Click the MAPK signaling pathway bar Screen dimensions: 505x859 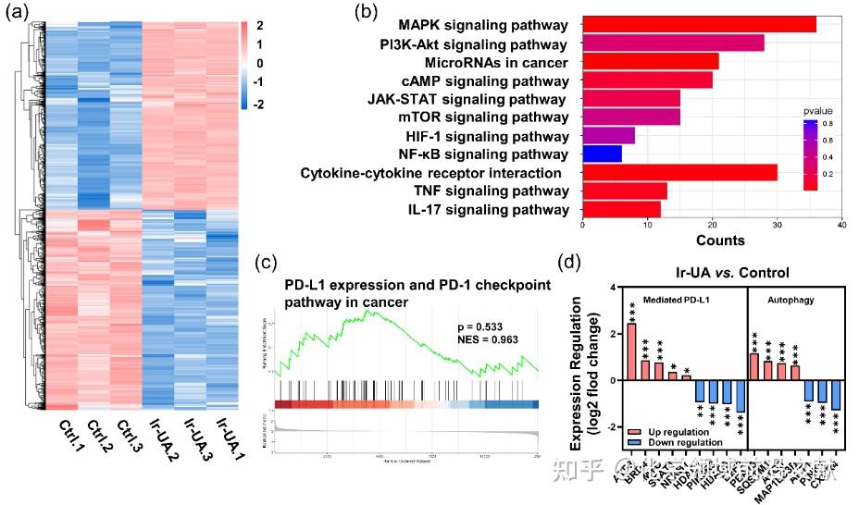click(x=699, y=23)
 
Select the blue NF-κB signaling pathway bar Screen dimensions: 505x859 click(x=602, y=154)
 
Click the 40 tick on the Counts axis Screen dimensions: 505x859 click(x=840, y=225)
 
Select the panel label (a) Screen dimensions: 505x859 click(x=18, y=12)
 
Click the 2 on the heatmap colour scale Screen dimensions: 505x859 click(x=259, y=25)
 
